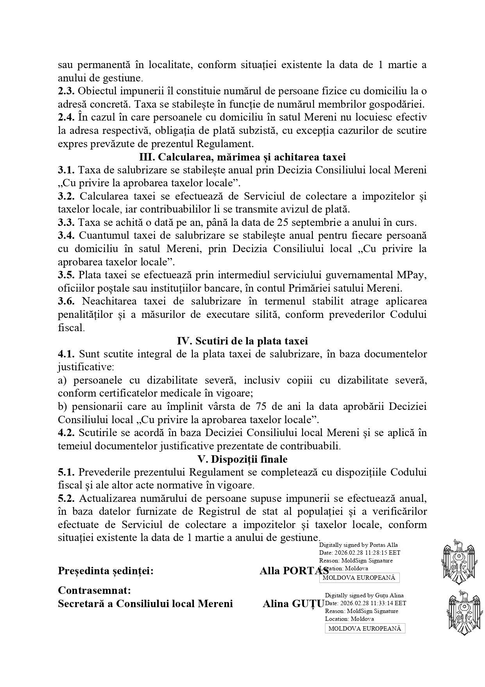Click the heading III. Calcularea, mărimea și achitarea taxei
[x=242, y=157]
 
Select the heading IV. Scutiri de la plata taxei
[x=242, y=341]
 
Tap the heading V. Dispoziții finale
[x=242, y=459]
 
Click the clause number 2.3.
[x=66, y=91]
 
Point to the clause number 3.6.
[x=66, y=301]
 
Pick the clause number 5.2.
[x=66, y=499]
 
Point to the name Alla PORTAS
[x=294, y=571]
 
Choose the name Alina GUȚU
[x=293, y=604]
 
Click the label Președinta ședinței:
[x=106, y=571]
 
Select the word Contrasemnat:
[x=94, y=590]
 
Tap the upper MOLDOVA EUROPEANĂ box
[x=359, y=578]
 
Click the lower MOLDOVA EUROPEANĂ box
[x=365, y=629]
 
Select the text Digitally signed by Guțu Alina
[x=364, y=595]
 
